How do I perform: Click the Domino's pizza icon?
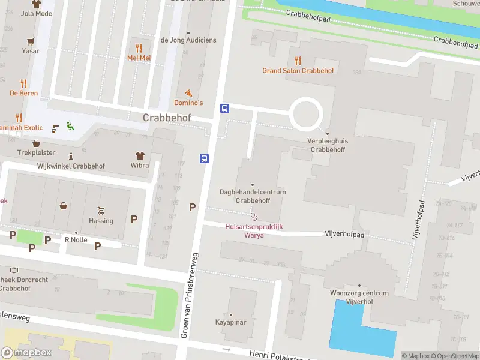point(188,93)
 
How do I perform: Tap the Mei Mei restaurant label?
point(139,58)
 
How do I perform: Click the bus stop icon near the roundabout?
point(225,108)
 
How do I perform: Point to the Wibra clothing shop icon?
point(140,155)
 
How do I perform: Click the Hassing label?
point(101,221)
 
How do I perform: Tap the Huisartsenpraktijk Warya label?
point(253,231)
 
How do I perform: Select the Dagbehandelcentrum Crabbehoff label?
point(252,196)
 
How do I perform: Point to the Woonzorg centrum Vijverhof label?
point(359,297)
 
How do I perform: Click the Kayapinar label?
point(231,322)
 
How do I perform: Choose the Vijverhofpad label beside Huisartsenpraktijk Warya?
point(345,233)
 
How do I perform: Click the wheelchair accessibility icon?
point(70,126)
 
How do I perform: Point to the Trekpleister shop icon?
point(37,143)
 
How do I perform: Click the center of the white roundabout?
point(307,113)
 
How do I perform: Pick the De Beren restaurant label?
point(24,93)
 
